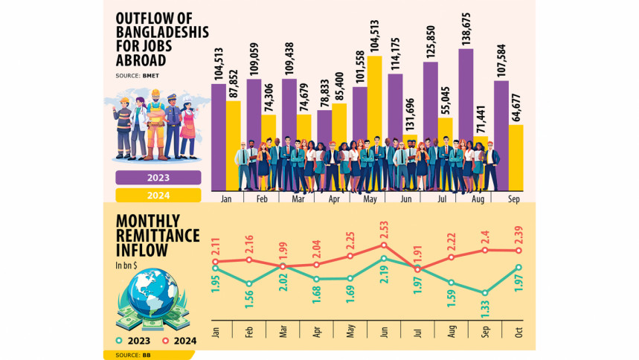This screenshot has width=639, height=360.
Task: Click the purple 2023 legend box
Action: pyautogui.click(x=158, y=178)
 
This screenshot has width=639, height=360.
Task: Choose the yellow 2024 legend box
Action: pyautogui.click(x=158, y=196)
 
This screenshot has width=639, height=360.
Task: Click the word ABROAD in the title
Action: pyautogui.click(x=142, y=62)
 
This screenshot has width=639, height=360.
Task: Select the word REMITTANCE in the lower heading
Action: pyautogui.click(x=158, y=236)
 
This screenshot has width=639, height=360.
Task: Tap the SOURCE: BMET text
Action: pyautogui.click(x=138, y=77)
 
